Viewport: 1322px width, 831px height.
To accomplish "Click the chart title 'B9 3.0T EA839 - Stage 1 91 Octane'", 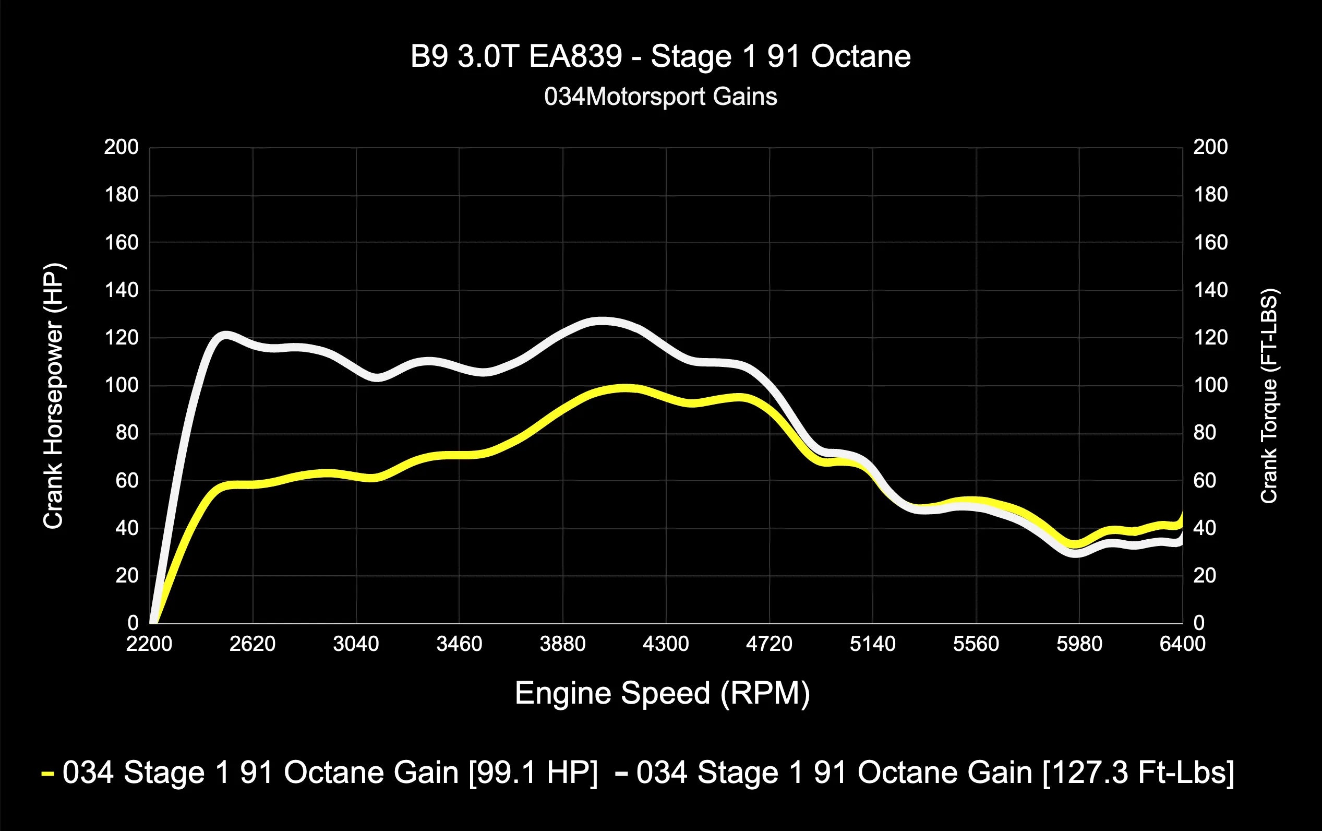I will pos(660,56).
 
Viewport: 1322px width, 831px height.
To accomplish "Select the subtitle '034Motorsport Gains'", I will pos(660,97).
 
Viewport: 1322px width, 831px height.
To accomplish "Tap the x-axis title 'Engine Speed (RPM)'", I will pos(662,693).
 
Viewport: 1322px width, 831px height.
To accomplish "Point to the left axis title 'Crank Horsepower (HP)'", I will pos(53,396).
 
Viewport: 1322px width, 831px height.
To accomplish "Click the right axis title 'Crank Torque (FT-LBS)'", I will pos(1269,396).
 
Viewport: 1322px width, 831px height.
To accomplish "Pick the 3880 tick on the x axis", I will pos(562,643).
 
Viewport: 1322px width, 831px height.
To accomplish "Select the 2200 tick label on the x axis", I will pos(149,643).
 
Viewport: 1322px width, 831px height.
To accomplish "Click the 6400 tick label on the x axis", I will pos(1182,643).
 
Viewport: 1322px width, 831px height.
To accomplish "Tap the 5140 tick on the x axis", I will pos(872,643).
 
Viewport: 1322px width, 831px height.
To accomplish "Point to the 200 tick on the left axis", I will pos(122,147).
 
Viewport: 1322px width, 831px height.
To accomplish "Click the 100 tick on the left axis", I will pos(122,386).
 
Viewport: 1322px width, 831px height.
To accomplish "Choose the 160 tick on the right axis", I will pos(1210,242).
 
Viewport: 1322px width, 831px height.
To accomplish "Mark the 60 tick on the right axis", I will pos(1205,481).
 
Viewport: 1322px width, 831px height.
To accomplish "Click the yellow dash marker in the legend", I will pos(48,774).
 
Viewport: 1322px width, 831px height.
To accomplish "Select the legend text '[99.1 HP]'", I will pos(533,773).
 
